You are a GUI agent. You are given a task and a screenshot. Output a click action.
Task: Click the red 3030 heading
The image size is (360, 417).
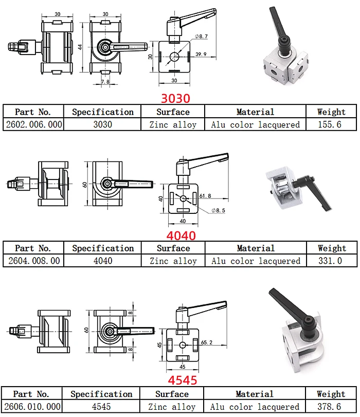(x=175, y=98)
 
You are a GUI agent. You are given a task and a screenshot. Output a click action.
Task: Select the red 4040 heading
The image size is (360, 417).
(x=181, y=236)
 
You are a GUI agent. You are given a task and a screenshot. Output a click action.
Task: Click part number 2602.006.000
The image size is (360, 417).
(x=33, y=124)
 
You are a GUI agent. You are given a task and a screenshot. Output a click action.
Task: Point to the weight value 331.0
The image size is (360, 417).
(x=330, y=261)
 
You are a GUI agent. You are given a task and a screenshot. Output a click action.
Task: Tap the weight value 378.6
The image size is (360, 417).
(x=331, y=406)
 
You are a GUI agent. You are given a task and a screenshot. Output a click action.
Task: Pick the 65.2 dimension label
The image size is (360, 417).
(x=207, y=341)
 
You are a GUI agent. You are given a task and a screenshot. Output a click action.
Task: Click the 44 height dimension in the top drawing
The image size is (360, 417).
(x=80, y=47)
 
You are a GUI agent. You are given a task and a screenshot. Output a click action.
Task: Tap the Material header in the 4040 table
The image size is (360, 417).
(x=256, y=248)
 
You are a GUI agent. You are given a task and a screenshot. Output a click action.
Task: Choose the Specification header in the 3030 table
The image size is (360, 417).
(x=103, y=112)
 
